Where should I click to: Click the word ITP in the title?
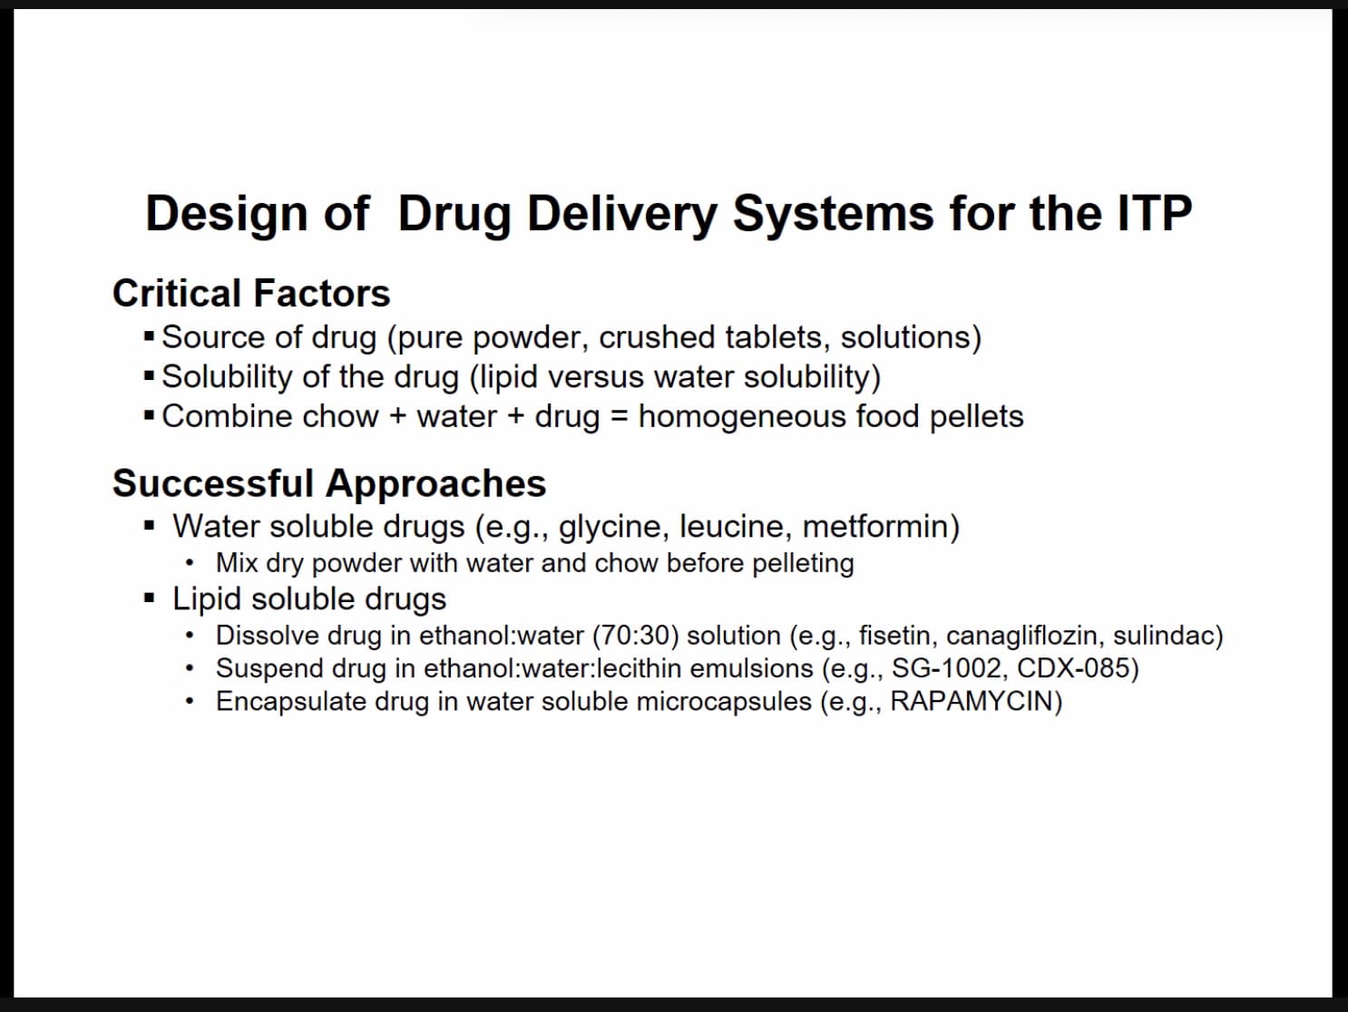(1155, 213)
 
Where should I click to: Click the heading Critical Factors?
(251, 293)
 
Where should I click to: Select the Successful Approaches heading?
(329, 483)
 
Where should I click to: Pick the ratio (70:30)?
(636, 635)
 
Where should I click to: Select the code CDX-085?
(1073, 667)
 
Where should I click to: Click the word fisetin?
(898, 635)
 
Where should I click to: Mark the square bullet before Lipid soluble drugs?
(149, 598)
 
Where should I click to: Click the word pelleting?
(804, 564)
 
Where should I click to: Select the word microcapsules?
(724, 702)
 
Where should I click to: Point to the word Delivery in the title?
(622, 214)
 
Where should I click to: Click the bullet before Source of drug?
(149, 336)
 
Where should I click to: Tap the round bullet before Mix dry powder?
(190, 563)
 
